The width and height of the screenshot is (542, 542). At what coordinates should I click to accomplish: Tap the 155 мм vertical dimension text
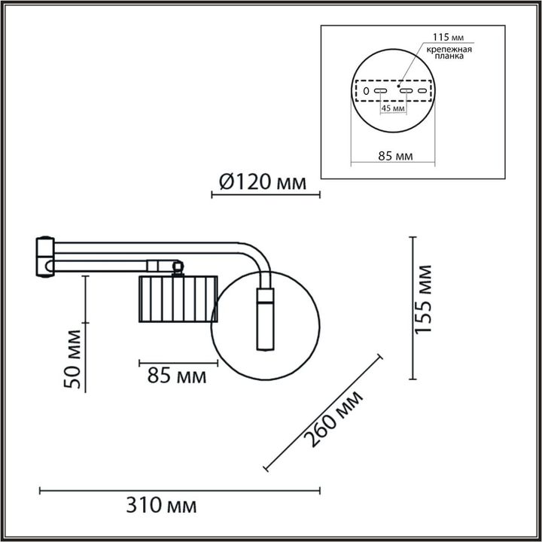[427, 300]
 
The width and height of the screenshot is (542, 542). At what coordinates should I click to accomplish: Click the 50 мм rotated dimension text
[74, 359]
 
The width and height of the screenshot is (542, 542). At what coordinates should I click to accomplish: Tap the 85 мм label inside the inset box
[394, 157]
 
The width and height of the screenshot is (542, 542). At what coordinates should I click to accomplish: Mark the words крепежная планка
[449, 53]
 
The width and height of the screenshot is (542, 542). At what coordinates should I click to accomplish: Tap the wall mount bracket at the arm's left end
[46, 256]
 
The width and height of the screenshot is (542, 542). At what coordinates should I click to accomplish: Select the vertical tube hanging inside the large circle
[265, 319]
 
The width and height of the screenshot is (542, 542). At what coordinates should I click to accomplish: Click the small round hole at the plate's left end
[366, 91]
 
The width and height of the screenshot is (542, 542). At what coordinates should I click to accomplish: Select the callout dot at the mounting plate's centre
[398, 85]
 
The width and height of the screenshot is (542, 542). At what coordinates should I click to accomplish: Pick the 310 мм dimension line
[180, 490]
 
